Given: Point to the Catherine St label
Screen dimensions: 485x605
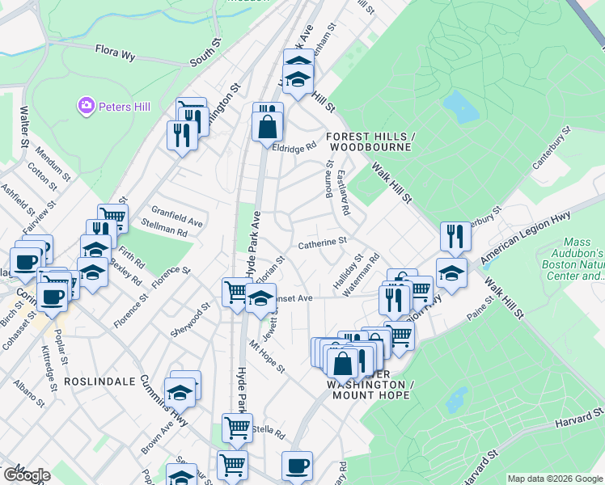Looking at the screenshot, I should tap(322, 241).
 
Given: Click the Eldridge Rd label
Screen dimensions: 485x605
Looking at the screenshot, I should tap(292, 149).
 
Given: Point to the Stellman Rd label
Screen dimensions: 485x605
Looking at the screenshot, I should tap(164, 232).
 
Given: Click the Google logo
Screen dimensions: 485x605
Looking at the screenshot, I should tap(26, 474).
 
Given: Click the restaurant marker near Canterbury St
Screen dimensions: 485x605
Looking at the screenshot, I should tap(455, 235).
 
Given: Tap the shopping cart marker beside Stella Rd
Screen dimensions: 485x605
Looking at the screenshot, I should tap(236, 427).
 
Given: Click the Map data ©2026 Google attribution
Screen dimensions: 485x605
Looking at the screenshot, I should tap(555, 479).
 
